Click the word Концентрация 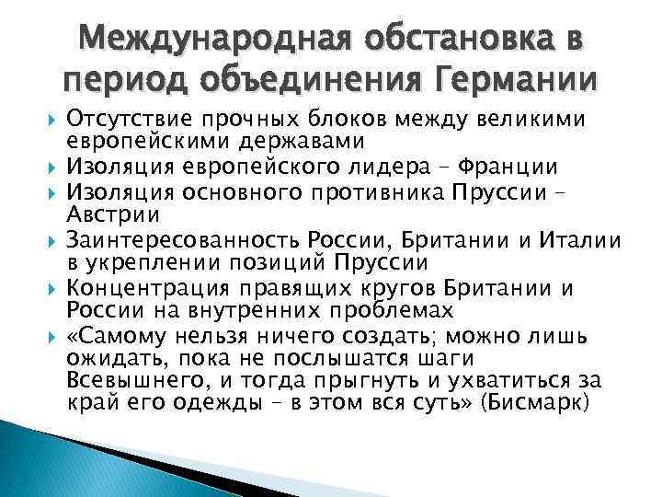pos(137,289)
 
